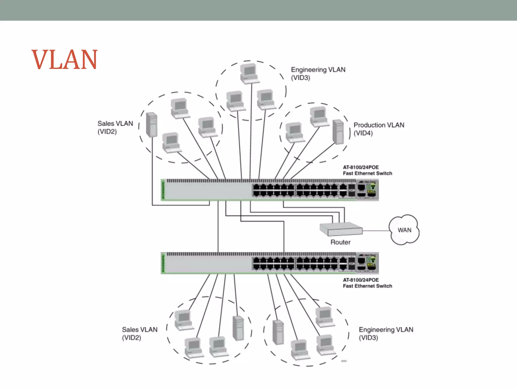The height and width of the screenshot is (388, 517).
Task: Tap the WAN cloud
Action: pos(404,230)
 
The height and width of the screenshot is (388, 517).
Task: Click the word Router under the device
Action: pos(340,242)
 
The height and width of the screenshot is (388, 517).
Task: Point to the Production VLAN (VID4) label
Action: pos(378,129)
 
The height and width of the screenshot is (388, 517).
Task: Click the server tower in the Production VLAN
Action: pos(338,132)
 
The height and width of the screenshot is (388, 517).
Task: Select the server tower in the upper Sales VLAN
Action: pos(152,125)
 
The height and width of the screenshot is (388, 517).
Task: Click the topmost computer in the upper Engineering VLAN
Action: pos(249,74)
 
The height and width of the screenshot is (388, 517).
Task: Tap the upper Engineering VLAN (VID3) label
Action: pos(318,74)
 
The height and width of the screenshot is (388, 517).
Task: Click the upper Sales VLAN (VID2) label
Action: pos(115,127)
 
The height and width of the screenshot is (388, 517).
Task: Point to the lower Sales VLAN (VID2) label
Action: pos(140,333)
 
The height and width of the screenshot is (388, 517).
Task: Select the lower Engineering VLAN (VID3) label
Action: pos(386,333)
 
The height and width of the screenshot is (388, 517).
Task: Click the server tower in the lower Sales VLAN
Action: pos(238,328)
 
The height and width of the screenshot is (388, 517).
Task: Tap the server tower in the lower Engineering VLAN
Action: pos(278,332)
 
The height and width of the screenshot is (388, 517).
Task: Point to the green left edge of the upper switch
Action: pos(163,190)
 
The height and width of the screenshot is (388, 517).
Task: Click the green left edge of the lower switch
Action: pos(163,263)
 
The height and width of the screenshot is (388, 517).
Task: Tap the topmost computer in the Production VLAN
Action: pos(319,116)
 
